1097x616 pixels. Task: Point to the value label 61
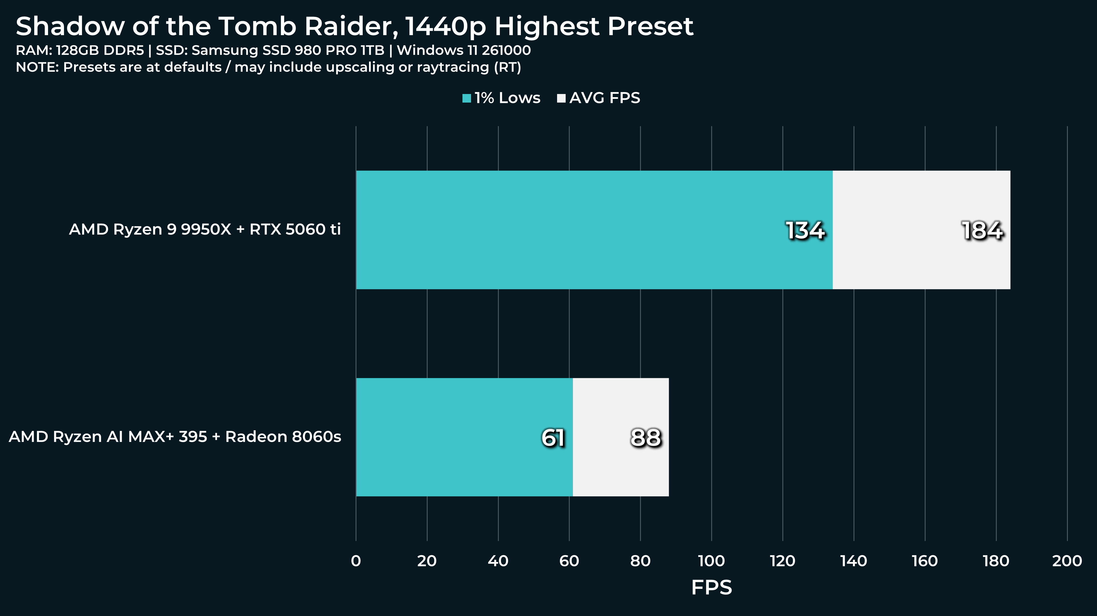553,438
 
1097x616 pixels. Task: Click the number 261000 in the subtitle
506,50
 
